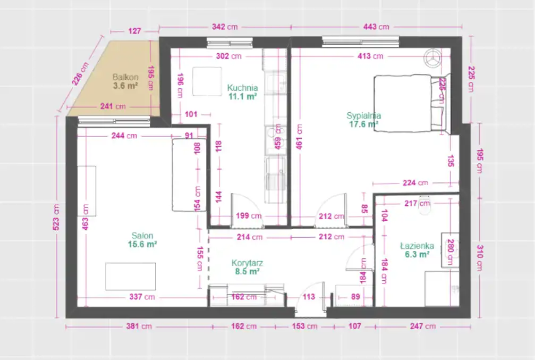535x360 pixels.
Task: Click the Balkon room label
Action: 125,77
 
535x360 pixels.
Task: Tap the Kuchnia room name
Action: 242,88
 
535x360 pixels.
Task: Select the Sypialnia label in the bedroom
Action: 364,115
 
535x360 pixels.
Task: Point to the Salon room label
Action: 142,236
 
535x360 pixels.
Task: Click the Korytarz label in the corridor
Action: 247,263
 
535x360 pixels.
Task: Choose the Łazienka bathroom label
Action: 417,246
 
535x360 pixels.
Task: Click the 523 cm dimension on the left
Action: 56,217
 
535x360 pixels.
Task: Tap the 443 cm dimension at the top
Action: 376,27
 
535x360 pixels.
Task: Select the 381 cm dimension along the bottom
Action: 139,326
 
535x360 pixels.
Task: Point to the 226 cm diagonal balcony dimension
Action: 80,74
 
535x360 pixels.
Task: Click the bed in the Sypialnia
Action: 410,103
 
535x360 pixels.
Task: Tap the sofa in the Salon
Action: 189,174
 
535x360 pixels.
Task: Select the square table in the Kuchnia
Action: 207,81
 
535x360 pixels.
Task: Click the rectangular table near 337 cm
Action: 131,277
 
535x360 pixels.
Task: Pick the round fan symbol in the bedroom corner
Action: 432,58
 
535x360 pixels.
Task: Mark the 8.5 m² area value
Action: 247,272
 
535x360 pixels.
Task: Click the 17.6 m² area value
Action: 363,124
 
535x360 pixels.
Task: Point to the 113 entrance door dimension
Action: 309,297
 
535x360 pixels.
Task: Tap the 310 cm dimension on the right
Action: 479,257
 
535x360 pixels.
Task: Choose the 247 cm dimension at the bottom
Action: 423,326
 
